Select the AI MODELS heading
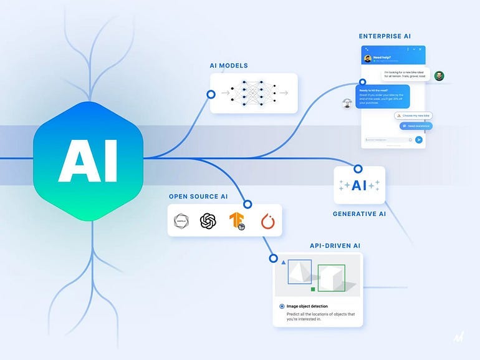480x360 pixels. point(229,66)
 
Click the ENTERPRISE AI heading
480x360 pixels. point(385,37)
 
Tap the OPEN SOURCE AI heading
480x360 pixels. point(198,197)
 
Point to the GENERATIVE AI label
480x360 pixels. point(359,214)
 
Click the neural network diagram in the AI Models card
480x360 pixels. point(253,93)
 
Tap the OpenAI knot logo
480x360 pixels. point(208,221)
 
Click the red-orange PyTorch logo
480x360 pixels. point(267,221)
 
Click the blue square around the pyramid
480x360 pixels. point(300,271)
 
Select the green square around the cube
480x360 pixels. point(331,278)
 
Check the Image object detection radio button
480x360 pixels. point(282,306)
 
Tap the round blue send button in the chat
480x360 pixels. point(419,140)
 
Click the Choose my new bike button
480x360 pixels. point(413,115)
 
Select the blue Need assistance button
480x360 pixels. point(416,126)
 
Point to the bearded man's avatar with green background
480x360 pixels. point(439,75)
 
